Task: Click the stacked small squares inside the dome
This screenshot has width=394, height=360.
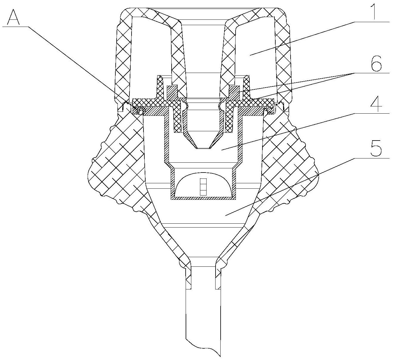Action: tap(203, 187)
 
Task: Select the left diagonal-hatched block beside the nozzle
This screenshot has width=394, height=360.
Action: tap(172, 93)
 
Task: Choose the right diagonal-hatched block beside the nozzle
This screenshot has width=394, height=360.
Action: tap(234, 93)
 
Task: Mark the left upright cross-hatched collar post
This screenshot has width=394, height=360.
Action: tap(160, 87)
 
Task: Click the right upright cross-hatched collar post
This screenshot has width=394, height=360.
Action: tap(246, 87)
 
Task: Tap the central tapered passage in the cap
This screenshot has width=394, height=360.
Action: tap(203, 59)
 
